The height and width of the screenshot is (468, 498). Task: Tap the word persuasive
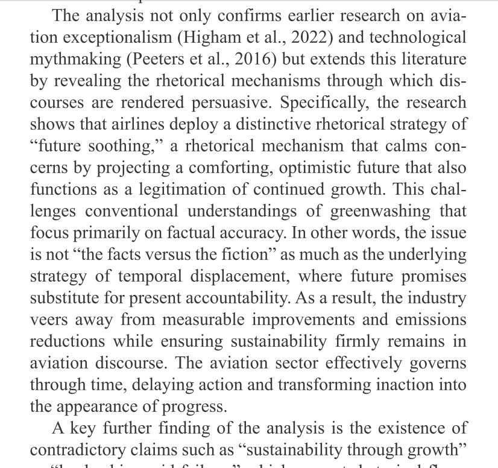coord(228,103)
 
